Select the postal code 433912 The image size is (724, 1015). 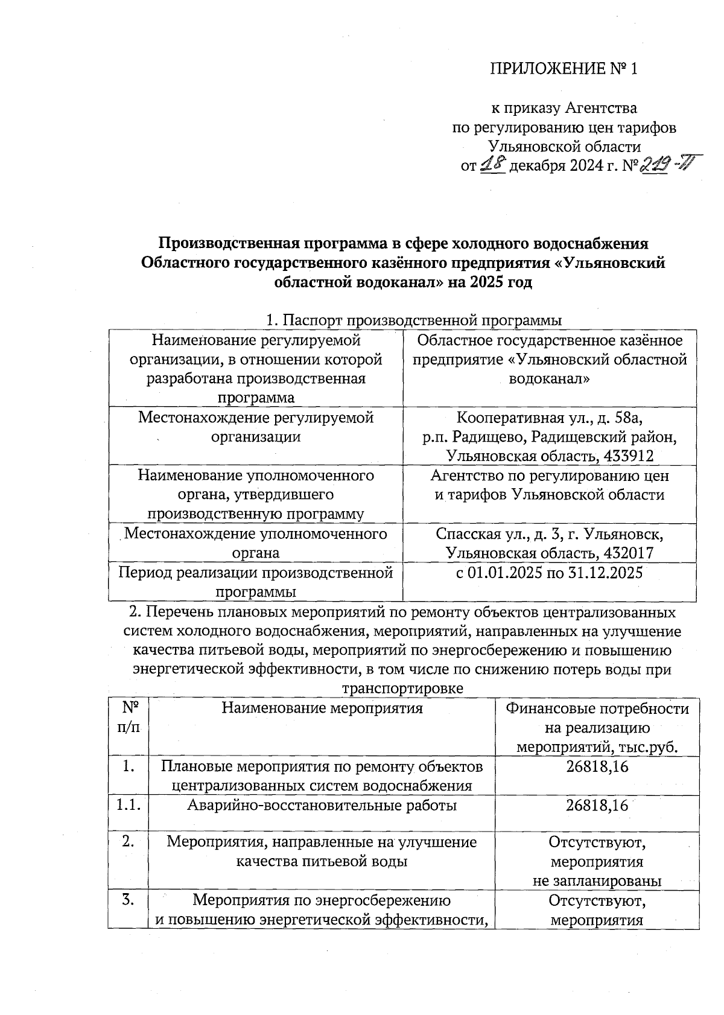623,456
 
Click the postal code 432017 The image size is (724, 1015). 623,553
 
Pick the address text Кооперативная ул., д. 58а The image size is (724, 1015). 549,417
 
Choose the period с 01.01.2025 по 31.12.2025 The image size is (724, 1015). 549,572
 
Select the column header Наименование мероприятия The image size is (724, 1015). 322,707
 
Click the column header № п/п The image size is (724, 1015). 128,717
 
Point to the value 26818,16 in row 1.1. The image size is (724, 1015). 597,806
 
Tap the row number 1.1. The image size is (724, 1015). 128,806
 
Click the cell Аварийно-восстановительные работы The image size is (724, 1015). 322,806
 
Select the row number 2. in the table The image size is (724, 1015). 128,842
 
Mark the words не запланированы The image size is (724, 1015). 597,880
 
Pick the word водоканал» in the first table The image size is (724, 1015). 549,379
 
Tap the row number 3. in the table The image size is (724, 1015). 128,900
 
